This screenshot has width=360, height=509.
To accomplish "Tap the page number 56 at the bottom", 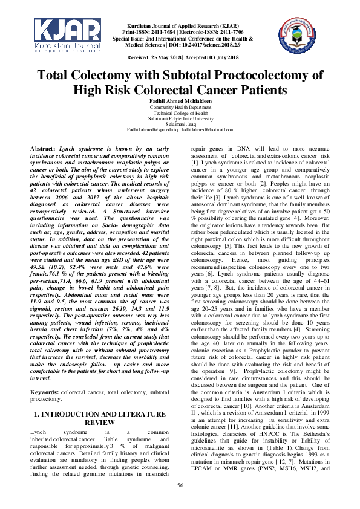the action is (180, 485).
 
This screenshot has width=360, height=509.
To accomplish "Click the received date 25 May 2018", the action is (164, 57).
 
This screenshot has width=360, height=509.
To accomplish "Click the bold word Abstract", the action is (42, 148).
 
